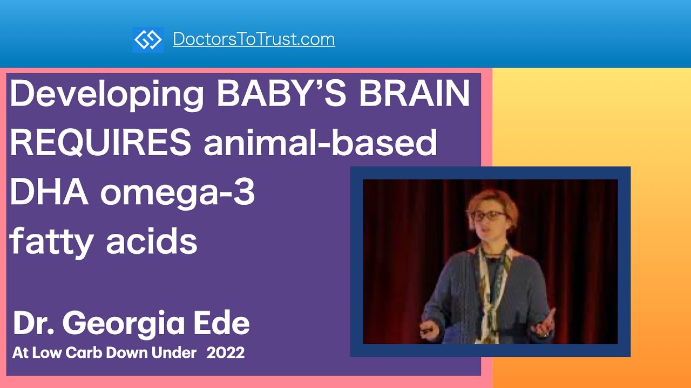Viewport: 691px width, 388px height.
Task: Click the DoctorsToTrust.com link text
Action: coord(254,39)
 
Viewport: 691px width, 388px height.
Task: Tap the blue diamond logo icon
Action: coord(148,40)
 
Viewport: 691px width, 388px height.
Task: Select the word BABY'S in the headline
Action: coord(280,94)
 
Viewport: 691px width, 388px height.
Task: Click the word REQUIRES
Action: coord(100,143)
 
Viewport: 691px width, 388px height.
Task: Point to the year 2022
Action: coord(226,353)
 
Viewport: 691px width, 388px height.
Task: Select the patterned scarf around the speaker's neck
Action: coord(493,280)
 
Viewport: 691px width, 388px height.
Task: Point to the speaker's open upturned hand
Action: coord(544,322)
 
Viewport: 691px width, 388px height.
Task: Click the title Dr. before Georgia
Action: coord(32,323)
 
